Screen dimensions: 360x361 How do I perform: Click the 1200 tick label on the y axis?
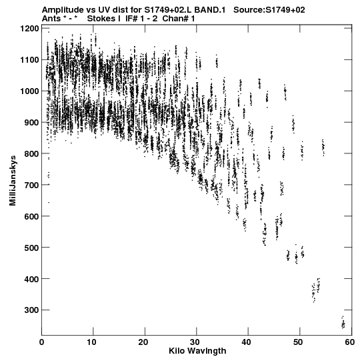click(x=29, y=29)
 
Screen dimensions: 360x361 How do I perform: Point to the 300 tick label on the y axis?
click(x=32, y=310)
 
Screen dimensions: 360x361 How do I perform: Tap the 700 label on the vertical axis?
click(x=32, y=185)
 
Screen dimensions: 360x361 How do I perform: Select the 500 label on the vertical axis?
click(x=32, y=248)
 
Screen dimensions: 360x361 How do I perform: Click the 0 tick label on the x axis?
click(x=41, y=342)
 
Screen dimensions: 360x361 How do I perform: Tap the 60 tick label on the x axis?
click(x=349, y=342)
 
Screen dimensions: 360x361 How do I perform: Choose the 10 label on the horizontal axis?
click(x=91, y=342)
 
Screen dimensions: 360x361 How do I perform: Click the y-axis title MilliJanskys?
click(x=13, y=181)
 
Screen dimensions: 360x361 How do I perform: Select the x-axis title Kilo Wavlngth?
click(x=197, y=351)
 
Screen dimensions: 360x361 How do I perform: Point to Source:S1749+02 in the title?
click(x=269, y=10)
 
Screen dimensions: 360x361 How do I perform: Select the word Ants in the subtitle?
click(x=51, y=19)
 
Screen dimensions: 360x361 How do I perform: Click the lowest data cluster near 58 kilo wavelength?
click(x=343, y=323)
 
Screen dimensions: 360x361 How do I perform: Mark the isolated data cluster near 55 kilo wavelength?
click(x=323, y=147)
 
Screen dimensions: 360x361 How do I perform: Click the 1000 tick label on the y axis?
click(x=29, y=91)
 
